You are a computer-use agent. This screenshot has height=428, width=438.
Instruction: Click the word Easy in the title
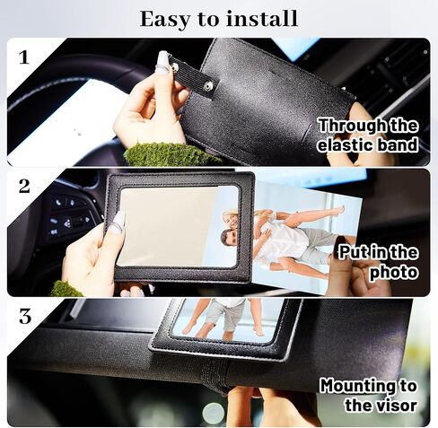tap(171, 18)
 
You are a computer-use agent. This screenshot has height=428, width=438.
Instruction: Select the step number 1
tap(24, 57)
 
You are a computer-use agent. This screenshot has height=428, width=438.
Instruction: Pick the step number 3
tap(24, 316)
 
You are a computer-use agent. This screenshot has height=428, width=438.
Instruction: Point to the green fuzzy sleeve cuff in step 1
tap(171, 154)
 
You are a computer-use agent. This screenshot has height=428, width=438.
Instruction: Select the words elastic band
tap(368, 145)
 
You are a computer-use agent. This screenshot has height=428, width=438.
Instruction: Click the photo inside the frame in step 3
tap(224, 319)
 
